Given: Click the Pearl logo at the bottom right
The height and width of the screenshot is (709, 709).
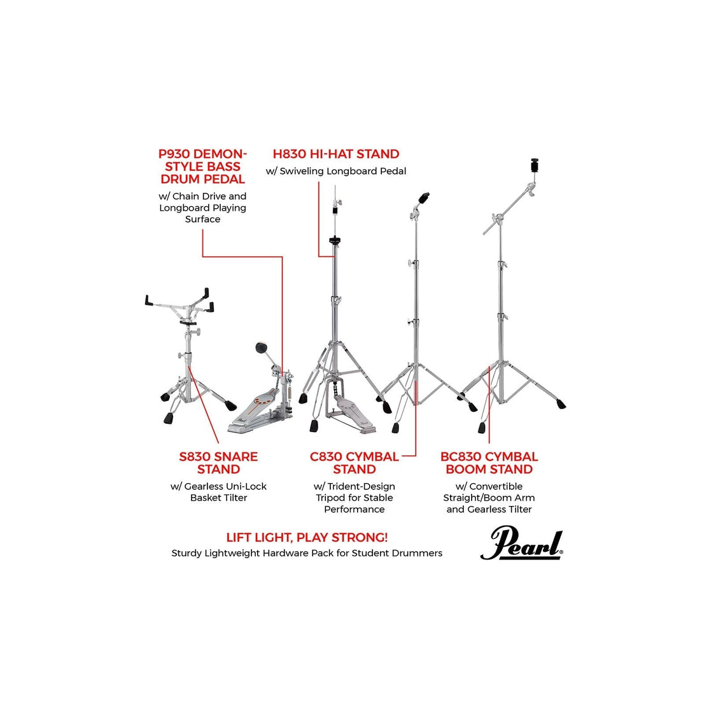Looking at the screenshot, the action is point(522,543).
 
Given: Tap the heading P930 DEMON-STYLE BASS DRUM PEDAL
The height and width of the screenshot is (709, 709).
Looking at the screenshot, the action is point(202,166).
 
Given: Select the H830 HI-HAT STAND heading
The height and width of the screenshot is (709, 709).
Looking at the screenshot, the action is point(336,154).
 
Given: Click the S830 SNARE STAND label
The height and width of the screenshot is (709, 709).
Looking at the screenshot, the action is point(218,463).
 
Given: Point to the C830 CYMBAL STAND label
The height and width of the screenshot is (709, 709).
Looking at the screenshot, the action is point(354,463).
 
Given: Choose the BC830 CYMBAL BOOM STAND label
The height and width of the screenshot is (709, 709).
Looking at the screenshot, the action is point(489,463).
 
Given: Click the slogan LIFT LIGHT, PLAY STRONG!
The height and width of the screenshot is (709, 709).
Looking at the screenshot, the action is point(307,537).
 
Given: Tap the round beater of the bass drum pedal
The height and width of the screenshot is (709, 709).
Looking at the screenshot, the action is point(262,348).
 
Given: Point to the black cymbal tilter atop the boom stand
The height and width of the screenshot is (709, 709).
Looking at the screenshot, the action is point(535,165).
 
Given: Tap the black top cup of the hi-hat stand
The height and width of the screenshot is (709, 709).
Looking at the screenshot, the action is point(335,240).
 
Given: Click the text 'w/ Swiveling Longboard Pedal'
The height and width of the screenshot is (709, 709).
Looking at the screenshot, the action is point(336,171).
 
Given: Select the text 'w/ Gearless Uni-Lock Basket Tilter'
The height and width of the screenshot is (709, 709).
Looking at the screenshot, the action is point(218,492).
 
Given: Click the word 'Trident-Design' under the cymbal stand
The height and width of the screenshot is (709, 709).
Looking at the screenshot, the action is point(361,486).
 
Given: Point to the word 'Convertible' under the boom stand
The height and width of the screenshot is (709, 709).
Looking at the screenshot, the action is point(496,486).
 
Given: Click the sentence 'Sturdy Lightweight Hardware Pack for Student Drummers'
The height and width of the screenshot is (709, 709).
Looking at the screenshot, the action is point(307,553).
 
